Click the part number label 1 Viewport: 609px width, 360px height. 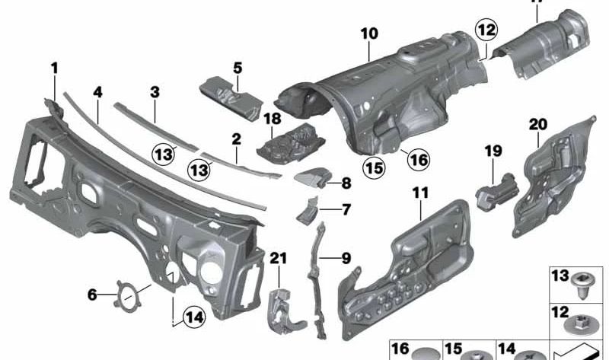click(54, 68)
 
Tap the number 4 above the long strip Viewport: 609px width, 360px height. click(97, 92)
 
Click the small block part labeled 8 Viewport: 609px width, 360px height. click(309, 180)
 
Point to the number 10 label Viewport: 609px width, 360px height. click(369, 33)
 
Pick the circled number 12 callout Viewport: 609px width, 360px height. click(486, 31)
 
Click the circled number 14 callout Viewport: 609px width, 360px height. click(195, 316)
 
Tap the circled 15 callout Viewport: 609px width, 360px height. click(373, 165)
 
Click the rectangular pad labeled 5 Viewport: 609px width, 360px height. click(231, 94)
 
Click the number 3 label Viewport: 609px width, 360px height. click(155, 92)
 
